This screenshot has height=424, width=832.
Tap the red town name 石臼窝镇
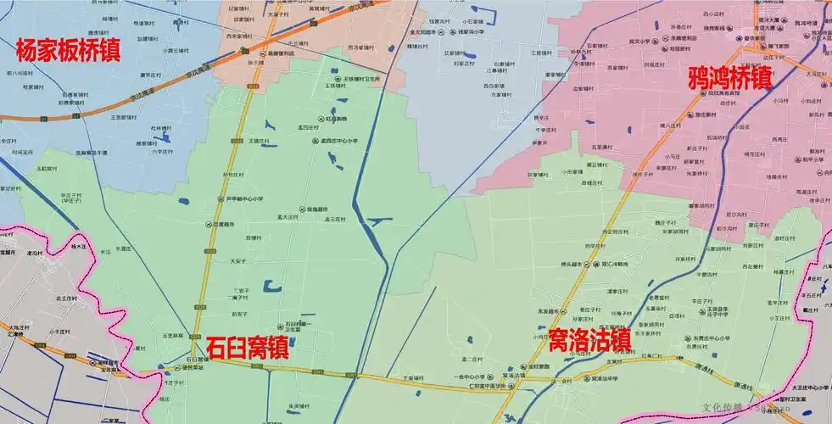point(246,348)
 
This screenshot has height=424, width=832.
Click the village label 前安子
point(240,314)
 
